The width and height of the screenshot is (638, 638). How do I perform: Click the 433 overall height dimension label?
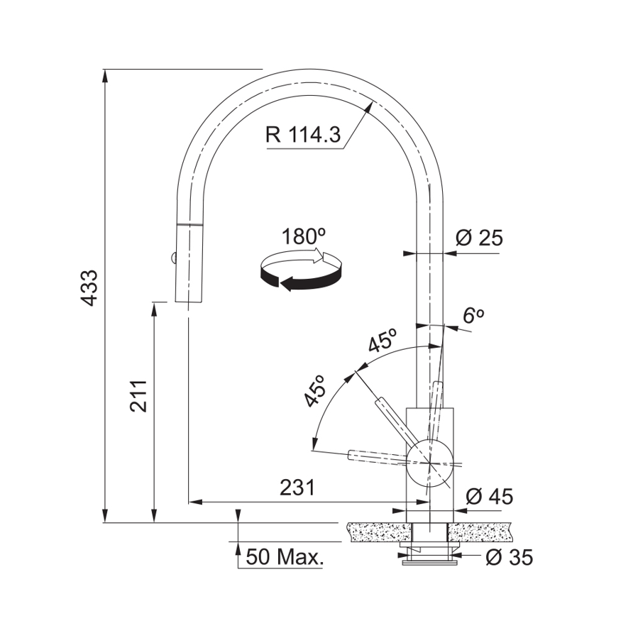pyautogui.click(x=89, y=287)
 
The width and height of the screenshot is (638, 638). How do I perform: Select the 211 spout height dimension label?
pyautogui.click(x=138, y=396)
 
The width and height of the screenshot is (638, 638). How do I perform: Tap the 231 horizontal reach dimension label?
pyautogui.click(x=297, y=487)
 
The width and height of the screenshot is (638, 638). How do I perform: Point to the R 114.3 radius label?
pyautogui.click(x=303, y=134)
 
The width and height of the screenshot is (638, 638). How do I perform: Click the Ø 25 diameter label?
pyautogui.click(x=479, y=238)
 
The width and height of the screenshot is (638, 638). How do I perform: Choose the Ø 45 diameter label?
pyautogui.click(x=490, y=496)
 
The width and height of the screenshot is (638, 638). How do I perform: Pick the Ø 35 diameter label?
pyautogui.click(x=509, y=557)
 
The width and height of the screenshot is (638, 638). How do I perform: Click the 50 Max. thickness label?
pyautogui.click(x=285, y=556)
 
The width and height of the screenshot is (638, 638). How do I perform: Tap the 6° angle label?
pyautogui.click(x=473, y=315)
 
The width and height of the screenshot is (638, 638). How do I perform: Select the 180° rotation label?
pyautogui.click(x=304, y=236)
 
